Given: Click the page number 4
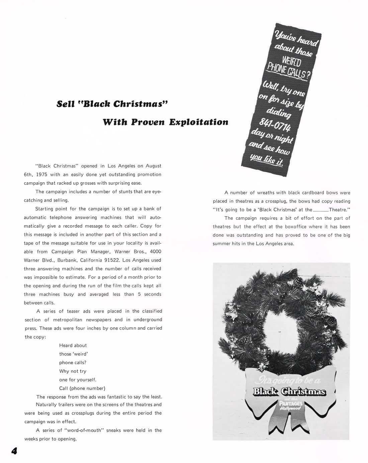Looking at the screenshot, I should (x=14, y=451).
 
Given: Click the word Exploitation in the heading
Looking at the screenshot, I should (x=199, y=122).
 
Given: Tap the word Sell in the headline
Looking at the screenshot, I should (x=66, y=104).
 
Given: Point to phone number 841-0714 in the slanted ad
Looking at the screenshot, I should (x=278, y=127).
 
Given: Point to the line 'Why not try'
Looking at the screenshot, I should (x=73, y=371).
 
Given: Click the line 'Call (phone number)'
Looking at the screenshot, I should (x=82, y=388).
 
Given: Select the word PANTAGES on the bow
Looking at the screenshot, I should (x=290, y=404).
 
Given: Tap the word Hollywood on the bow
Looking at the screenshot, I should (x=291, y=409).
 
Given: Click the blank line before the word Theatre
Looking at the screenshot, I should (x=320, y=210).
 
